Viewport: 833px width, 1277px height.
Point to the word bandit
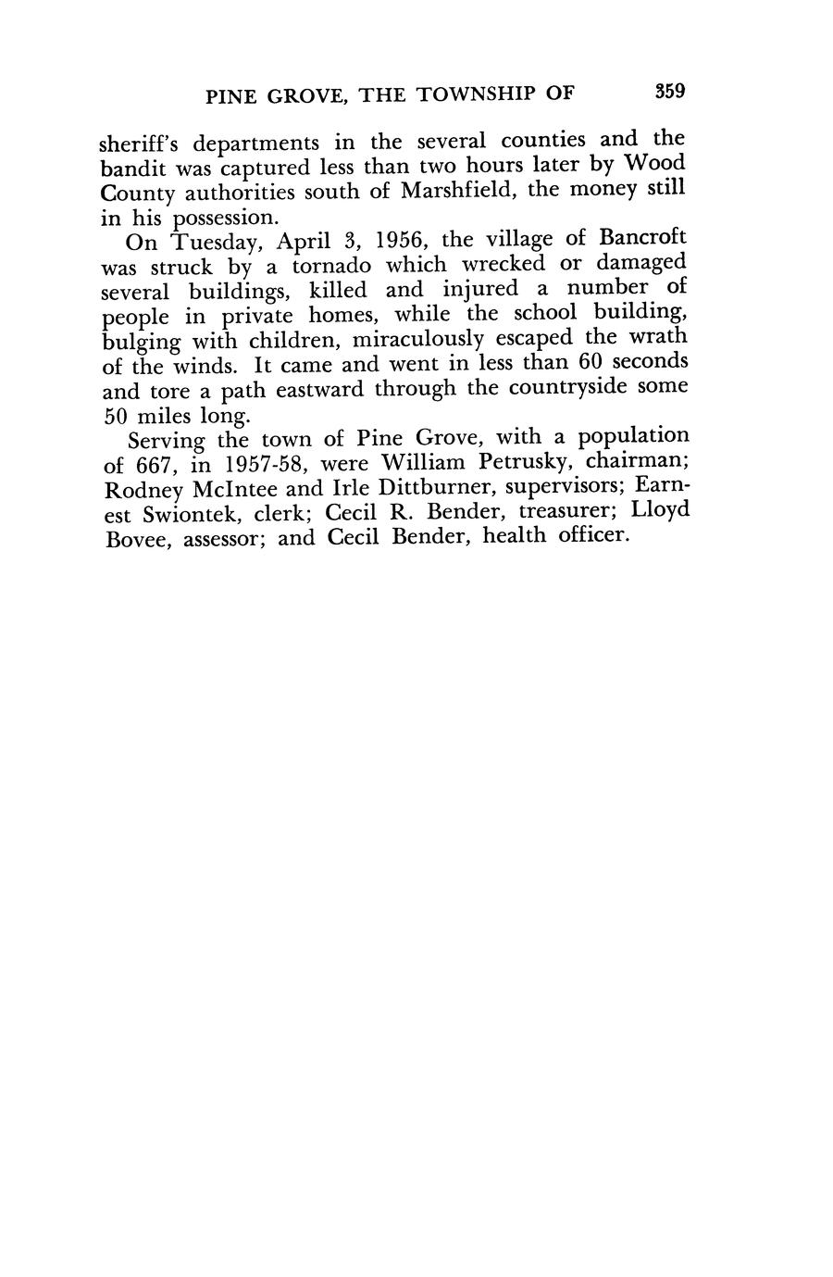point(127,169)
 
